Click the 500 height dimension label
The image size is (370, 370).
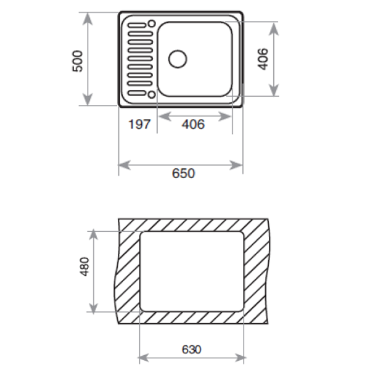point(78,61)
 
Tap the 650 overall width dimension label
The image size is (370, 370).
point(183,173)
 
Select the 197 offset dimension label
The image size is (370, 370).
point(139,124)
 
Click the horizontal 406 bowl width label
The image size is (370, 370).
point(193,124)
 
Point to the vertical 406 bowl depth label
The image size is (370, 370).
point(263,59)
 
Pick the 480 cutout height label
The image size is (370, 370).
point(84,266)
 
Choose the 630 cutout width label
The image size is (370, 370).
point(191,349)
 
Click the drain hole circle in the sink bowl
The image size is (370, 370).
point(178,59)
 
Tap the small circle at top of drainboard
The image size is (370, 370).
point(152,23)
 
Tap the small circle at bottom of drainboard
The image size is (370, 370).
point(152,94)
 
